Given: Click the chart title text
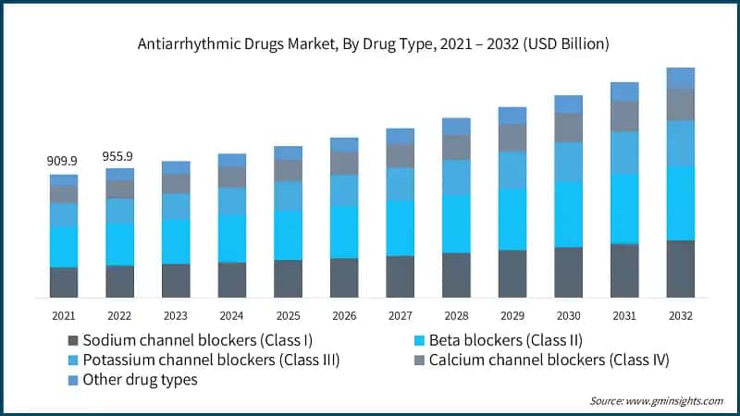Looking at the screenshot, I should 370,43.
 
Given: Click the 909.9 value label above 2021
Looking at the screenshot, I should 63,161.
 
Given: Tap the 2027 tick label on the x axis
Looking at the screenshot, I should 400,315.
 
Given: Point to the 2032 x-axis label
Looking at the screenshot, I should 681,315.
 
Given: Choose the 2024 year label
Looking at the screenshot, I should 231,315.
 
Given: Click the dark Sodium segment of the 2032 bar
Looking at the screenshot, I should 681,269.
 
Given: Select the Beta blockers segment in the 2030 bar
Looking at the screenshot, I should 568,214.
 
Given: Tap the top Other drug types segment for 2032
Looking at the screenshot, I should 681,78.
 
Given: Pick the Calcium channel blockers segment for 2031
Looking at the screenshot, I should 624,116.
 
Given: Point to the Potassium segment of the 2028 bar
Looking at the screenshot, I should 456,177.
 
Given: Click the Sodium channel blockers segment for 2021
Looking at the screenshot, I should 63,282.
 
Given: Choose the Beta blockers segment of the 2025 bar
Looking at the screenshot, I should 288,235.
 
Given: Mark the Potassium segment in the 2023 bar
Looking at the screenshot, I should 176,206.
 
